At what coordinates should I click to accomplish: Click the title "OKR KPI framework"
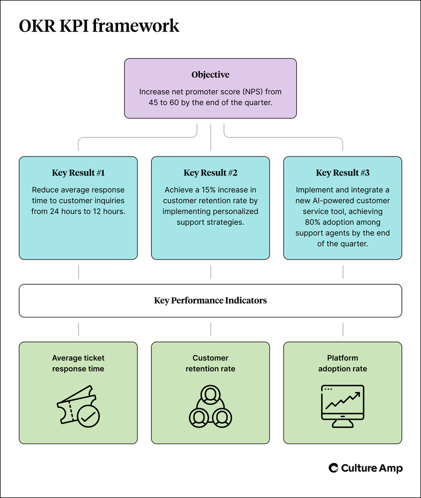tap(99, 26)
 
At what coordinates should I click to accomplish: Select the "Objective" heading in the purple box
tap(210, 75)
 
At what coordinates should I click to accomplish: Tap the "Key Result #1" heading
tap(78, 173)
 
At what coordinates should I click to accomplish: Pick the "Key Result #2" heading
tap(210, 173)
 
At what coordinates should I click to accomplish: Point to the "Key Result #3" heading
tap(342, 173)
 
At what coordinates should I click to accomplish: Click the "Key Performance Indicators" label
tap(210, 301)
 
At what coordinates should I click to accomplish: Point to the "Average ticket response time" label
tap(78, 363)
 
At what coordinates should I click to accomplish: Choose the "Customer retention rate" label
tap(210, 363)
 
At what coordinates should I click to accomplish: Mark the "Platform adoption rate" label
tap(342, 363)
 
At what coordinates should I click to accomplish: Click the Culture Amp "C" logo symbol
tap(333, 468)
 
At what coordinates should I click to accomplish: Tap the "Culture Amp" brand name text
tap(372, 468)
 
